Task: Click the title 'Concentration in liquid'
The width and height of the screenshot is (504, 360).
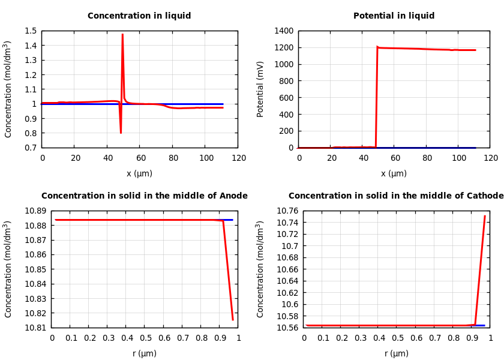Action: [x=139, y=16]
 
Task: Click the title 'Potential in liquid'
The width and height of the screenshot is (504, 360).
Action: [x=394, y=16]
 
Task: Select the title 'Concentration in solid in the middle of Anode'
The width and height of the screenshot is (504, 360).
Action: [x=144, y=196]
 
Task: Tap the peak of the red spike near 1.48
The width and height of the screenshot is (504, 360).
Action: [x=122, y=34]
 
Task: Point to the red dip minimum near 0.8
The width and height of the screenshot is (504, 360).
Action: [x=121, y=133]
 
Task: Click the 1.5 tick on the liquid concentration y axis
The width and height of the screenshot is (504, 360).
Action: [x=31, y=31]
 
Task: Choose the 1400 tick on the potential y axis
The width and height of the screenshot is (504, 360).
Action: [x=283, y=31]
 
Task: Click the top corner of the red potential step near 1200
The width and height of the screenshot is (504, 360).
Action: [x=377, y=47]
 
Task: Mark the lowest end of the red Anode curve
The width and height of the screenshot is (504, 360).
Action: [x=233, y=320]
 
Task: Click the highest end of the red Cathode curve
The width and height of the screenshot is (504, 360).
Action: [x=485, y=216]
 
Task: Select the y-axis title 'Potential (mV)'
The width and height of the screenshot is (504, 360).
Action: [x=260, y=89]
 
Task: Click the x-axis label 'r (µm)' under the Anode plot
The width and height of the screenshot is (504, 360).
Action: [x=145, y=353]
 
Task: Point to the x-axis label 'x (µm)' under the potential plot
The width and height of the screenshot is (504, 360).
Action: [x=394, y=173]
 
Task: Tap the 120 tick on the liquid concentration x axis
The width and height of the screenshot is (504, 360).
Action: [x=239, y=158]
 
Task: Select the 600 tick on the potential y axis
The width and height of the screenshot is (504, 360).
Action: [x=286, y=98]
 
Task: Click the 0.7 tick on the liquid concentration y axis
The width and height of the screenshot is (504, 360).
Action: [x=31, y=148]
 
